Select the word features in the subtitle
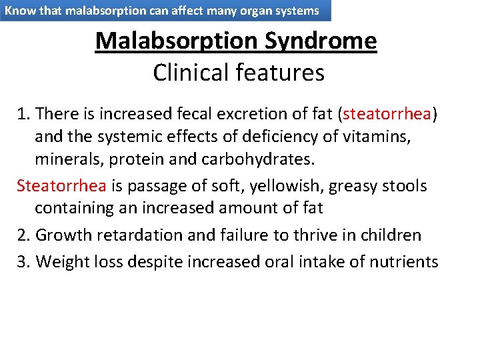coord(281,72)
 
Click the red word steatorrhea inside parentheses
coord(387,114)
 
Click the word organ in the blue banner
coord(250,11)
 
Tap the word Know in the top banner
coord(19,11)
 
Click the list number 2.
coord(22,235)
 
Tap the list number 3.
coord(22,261)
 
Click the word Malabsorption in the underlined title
coord(177,41)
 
